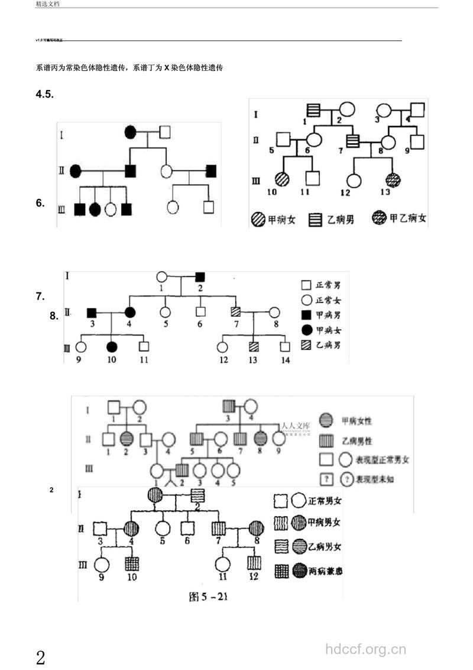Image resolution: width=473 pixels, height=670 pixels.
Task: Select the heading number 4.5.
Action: (45, 94)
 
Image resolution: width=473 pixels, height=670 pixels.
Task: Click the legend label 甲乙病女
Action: (408, 219)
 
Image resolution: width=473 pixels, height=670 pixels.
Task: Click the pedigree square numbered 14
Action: (286, 347)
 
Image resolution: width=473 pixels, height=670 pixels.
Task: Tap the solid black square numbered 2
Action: (200, 276)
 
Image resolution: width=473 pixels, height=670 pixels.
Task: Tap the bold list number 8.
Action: (54, 317)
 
